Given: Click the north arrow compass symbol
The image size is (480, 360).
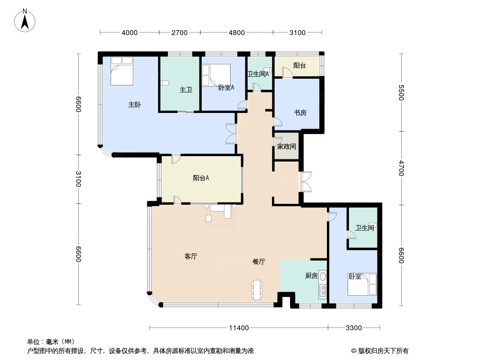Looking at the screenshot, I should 25,20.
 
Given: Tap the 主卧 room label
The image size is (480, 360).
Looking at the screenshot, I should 134,104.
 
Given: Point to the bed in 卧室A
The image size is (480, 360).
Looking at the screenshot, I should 216,74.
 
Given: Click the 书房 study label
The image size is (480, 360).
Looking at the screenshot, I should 300,112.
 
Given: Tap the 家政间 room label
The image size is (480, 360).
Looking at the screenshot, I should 286,146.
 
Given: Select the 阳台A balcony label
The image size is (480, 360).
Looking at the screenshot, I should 201,178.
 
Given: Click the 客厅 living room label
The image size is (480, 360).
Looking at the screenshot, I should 191,256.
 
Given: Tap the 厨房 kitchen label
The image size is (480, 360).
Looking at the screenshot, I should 312,275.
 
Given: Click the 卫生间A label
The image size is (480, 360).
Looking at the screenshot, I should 258,74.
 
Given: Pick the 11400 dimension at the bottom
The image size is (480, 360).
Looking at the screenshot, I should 239,328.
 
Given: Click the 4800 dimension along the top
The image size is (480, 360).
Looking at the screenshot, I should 237,32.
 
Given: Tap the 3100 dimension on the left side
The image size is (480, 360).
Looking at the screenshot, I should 78,179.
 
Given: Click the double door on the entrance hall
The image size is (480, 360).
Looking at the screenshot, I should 306,182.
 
